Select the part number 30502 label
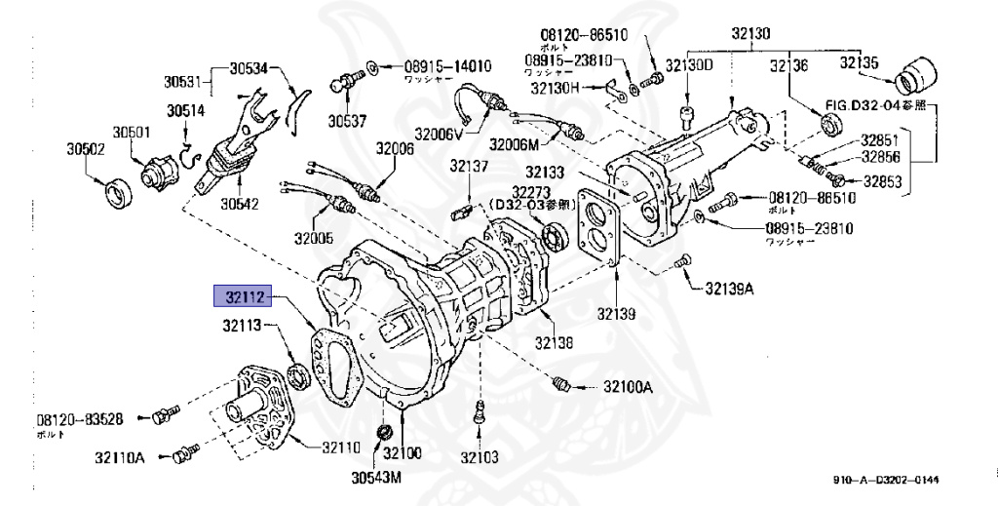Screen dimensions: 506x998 (x=86, y=149)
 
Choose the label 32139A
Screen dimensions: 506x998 (x=731, y=289)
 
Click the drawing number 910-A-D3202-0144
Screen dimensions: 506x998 (x=886, y=479)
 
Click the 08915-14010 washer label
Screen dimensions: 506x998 (x=436, y=67)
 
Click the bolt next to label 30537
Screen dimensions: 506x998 (x=342, y=84)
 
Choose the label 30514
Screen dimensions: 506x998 (x=185, y=110)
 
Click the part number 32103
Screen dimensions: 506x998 (x=480, y=456)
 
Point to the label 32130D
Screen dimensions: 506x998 (x=690, y=65)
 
